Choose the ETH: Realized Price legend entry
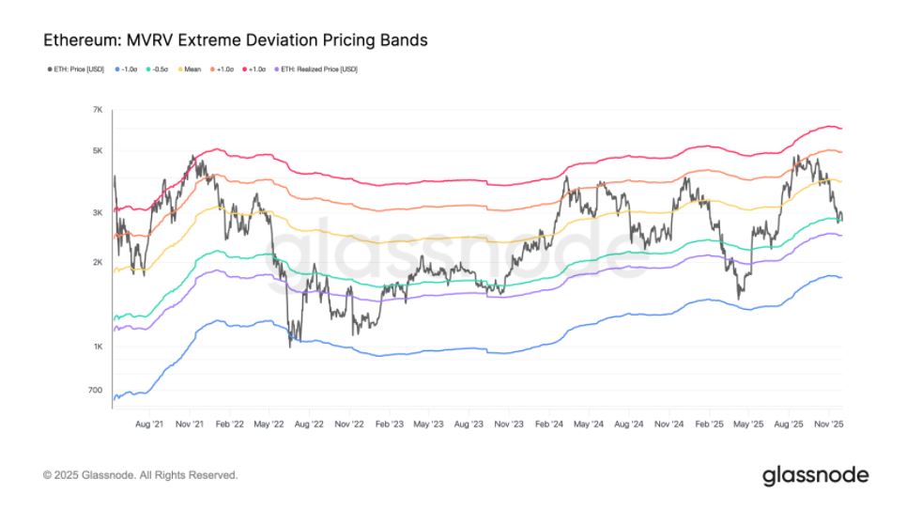point(314,69)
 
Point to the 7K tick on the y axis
point(98,110)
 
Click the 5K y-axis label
point(98,150)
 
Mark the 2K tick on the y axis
point(98,262)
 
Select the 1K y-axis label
point(98,347)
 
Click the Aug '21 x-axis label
point(150,424)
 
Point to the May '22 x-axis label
point(269,424)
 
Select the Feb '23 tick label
point(389,424)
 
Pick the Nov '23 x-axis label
point(508,424)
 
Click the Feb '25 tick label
point(708,424)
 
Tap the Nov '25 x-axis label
point(827,424)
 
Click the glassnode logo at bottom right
point(815,474)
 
